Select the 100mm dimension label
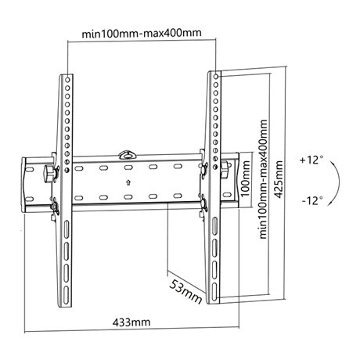246,177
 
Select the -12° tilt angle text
311,200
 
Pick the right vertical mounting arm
213,188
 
